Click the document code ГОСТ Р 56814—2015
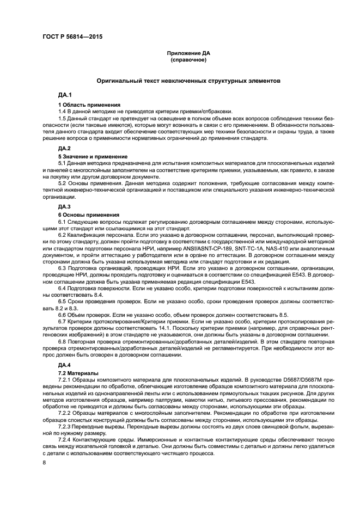point(72,37)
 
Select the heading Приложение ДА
point(188,53)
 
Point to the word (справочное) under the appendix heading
point(188,59)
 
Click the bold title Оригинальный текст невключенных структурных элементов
point(188,81)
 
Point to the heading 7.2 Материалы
point(78,372)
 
